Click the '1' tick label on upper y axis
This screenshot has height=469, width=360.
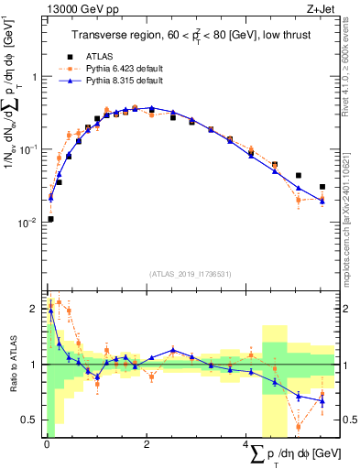pyautogui.click(x=34, y=77)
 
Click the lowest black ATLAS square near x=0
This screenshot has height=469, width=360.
pyautogui.click(x=50, y=219)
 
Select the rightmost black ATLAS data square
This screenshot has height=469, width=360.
pyautogui.click(x=322, y=187)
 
